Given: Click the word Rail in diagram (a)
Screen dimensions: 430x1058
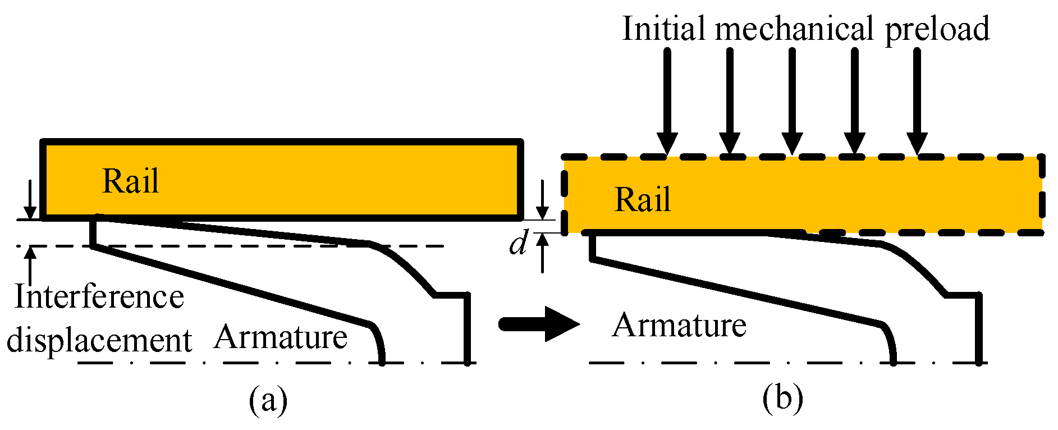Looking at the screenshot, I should pyautogui.click(x=130, y=181).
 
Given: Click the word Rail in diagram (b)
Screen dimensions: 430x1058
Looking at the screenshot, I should pyautogui.click(x=642, y=200).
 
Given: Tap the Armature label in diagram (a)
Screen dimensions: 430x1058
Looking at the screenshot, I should pyautogui.click(x=281, y=337).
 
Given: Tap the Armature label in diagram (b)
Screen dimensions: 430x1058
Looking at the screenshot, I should pyautogui.click(x=679, y=326).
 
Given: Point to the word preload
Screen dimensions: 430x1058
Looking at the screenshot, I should pyautogui.click(x=937, y=29).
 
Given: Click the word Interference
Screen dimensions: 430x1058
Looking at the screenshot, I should pyautogui.click(x=99, y=297).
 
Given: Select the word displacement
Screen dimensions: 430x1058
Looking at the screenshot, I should pyautogui.click(x=99, y=341).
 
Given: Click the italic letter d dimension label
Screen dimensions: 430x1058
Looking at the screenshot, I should pyautogui.click(x=518, y=245).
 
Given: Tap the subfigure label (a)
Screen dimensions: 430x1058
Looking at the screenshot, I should pyautogui.click(x=268, y=400).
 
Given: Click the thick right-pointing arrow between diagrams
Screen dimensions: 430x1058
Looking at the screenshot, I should pyautogui.click(x=539, y=324).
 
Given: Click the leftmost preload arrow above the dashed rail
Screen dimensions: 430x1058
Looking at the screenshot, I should pyautogui.click(x=667, y=101).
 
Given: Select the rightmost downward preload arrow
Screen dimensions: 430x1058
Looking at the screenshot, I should pyautogui.click(x=917, y=101).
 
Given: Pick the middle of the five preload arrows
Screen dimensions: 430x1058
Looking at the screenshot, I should pyautogui.click(x=792, y=101).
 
